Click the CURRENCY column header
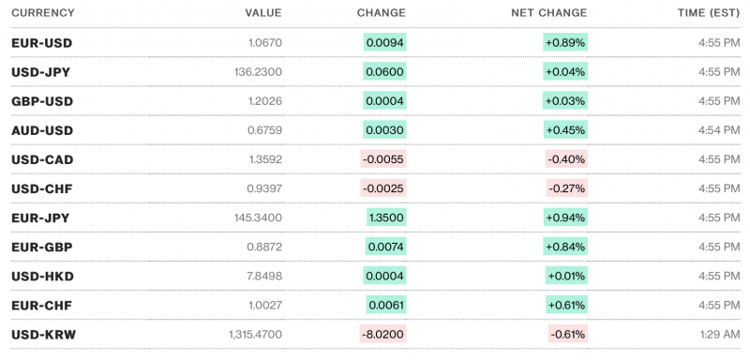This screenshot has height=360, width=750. tap(43, 13)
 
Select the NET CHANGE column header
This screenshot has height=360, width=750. tap(549, 13)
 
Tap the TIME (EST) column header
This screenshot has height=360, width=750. tap(708, 13)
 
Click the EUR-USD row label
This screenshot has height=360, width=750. tap(42, 43)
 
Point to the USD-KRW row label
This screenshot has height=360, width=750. tap(42, 335)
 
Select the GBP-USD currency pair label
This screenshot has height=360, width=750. tap(42, 101)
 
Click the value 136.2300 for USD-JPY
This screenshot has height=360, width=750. tap(255, 72)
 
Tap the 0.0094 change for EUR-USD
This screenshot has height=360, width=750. tap(385, 43)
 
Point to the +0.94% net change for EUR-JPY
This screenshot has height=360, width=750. tap(565, 217)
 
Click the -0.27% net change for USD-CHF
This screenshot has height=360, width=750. tap(566, 188)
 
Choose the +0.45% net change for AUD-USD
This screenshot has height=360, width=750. tap(565, 130)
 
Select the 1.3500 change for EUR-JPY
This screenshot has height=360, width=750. tap(387, 217)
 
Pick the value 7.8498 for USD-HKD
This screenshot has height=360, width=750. tap(261, 277)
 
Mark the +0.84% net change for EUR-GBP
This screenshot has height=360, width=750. tap(565, 247)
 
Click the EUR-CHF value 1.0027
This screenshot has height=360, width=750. tap(262, 306)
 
